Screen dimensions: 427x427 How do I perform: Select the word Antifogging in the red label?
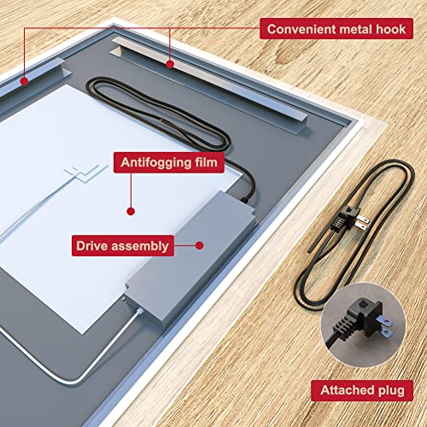(157, 161)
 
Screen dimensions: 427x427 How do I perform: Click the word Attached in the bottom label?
(348, 391)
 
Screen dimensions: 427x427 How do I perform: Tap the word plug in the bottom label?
(395, 391)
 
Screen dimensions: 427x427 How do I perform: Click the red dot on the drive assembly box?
(199, 245)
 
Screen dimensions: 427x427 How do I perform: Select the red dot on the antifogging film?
(131, 209)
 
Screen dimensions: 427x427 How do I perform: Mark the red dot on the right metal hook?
(170, 62)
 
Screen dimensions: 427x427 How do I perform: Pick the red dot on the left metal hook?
(25, 81)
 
